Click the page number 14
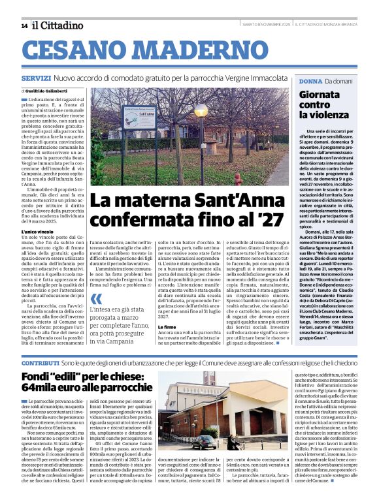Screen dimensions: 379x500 [24, 26]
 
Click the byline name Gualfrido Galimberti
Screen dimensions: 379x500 [53, 91]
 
